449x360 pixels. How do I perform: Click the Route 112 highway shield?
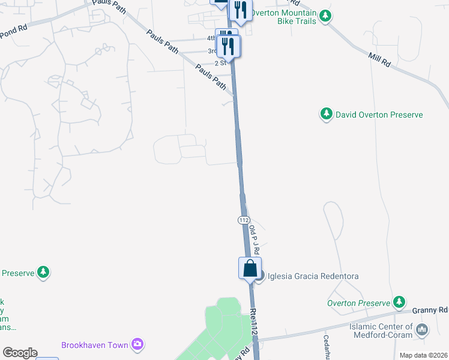(243, 220)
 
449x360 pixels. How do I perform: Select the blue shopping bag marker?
(250, 269)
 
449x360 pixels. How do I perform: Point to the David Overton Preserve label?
(379, 115)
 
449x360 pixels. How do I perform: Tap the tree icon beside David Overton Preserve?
(326, 114)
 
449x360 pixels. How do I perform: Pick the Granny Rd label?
(430, 310)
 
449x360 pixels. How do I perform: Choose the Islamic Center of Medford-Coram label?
(381, 331)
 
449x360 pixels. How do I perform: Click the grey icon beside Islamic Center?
(422, 329)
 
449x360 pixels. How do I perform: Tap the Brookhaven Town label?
(95, 345)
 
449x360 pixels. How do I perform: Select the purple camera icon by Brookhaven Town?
(138, 344)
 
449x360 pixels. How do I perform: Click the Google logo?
(20, 353)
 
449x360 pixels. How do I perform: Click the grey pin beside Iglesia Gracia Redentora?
(259, 276)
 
